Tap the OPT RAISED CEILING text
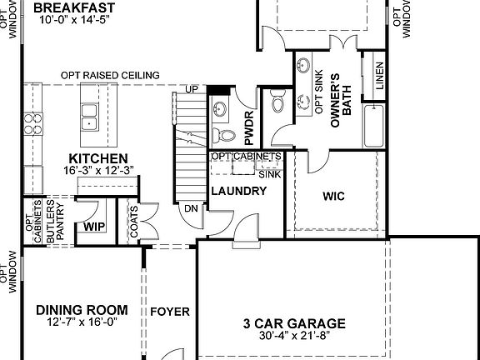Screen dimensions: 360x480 click(x=110, y=76)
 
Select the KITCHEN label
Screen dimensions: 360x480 click(x=97, y=158)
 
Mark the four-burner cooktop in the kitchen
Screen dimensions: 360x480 click(x=33, y=124)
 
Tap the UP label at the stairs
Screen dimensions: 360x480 click(x=192, y=89)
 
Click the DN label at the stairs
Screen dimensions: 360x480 click(x=191, y=209)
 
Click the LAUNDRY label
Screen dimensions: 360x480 click(x=238, y=191)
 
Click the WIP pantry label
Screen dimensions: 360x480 click(x=93, y=226)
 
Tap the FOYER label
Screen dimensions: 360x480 click(x=170, y=312)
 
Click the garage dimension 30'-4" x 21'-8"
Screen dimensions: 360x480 click(x=294, y=337)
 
